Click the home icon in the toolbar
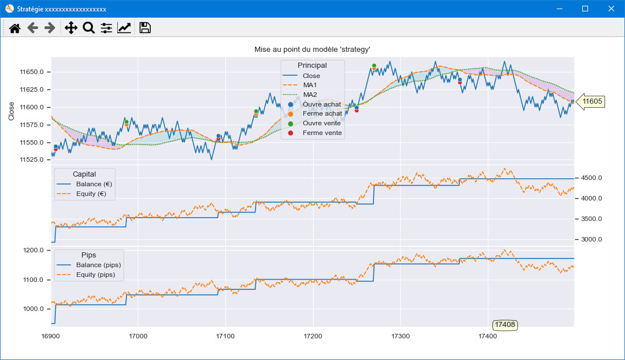click(15, 28)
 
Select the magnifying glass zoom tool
click(88, 28)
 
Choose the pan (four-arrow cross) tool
click(71, 28)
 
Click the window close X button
click(611, 9)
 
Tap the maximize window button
click(585, 9)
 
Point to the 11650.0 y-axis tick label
click(31, 72)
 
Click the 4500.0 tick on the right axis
click(591, 178)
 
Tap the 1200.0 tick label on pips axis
click(34, 251)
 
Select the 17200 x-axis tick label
click(313, 336)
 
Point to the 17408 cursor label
click(505, 325)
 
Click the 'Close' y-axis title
click(11, 111)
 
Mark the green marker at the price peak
click(374, 66)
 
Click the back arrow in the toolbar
click(32, 28)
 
